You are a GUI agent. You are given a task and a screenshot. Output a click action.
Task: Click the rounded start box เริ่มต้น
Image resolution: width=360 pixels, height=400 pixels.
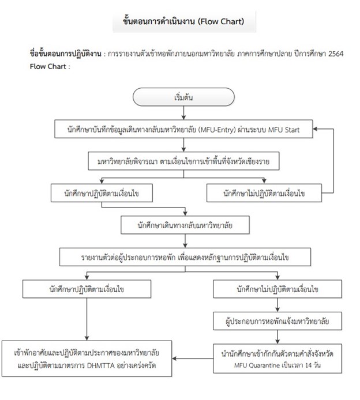[x=183, y=97]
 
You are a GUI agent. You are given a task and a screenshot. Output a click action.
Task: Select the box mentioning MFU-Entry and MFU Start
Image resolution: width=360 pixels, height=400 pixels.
[x=183, y=129]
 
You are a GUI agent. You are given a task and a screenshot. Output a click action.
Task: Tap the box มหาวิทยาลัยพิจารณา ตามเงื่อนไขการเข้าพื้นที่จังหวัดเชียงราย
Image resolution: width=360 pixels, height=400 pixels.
[x=183, y=161]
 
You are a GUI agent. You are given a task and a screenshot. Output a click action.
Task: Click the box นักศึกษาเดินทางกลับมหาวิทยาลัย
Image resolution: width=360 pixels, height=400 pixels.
[x=185, y=225]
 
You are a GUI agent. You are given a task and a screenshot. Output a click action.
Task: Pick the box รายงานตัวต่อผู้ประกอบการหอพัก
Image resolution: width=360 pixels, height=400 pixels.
[x=185, y=257]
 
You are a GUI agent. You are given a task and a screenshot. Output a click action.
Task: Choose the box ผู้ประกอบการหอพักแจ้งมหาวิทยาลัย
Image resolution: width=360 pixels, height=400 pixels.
[x=277, y=321]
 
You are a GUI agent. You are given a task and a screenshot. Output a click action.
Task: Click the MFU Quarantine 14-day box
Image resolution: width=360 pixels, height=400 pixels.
[x=277, y=359]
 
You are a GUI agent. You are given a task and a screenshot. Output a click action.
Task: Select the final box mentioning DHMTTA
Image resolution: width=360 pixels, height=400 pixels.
[x=87, y=359]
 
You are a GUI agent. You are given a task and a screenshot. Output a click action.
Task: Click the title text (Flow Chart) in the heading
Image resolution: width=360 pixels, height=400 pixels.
[x=221, y=21]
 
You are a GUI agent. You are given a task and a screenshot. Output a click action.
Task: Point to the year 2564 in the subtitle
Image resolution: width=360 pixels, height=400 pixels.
[x=336, y=54]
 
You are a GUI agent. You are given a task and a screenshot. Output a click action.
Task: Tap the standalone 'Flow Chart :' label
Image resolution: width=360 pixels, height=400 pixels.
[x=50, y=67]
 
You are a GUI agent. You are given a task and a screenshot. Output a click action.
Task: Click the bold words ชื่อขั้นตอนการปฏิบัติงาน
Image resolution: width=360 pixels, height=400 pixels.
[x=65, y=54]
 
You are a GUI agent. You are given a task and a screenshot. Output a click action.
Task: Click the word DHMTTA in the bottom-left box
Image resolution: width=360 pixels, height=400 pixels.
[x=101, y=365]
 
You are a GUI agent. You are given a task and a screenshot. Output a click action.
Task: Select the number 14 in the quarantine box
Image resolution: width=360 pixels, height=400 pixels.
[x=309, y=365]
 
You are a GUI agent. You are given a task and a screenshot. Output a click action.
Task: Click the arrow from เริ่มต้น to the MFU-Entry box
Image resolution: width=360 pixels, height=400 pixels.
[x=183, y=113]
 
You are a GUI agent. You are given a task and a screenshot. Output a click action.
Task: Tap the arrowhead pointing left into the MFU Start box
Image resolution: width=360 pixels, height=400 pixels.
[x=316, y=129]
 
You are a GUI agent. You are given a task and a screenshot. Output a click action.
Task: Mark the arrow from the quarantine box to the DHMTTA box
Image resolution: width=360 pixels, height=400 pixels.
[x=193, y=359]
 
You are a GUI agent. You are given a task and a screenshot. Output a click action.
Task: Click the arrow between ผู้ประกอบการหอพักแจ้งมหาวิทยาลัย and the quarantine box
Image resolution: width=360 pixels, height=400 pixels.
[x=277, y=337]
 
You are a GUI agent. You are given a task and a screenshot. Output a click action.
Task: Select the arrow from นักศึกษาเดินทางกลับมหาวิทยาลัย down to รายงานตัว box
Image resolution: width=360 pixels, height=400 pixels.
[x=185, y=241]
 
